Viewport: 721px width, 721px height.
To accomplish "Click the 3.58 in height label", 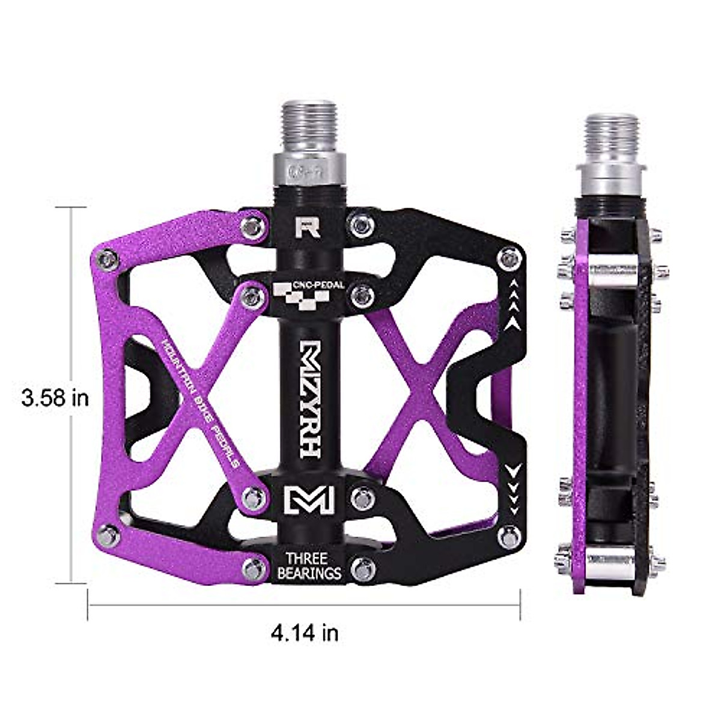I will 55,397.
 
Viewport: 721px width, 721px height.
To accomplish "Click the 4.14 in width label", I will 305,632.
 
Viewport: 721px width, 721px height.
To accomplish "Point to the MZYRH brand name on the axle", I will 308,400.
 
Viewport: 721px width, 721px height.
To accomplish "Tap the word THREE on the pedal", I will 308,558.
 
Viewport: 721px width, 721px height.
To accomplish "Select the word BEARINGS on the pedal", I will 308,573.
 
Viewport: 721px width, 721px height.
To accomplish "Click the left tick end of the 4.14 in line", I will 89,604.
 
